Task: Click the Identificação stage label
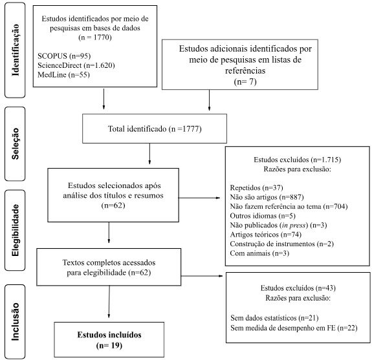pyautogui.click(x=15, y=50)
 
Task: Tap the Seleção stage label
pyautogui.click(x=15, y=143)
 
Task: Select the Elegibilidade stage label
pyautogui.click(x=15, y=230)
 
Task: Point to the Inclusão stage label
pyautogui.click(x=15, y=322)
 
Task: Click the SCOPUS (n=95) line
pyautogui.click(x=64, y=56)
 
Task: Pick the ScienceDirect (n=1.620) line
pyautogui.click(x=76, y=65)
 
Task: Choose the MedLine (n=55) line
pyautogui.click(x=63, y=75)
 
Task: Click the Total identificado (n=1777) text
pyautogui.click(x=155, y=129)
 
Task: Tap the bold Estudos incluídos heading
pyautogui.click(x=109, y=335)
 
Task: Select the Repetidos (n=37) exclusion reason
pyautogui.click(x=256, y=187)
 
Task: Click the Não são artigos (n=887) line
pyautogui.click(x=267, y=197)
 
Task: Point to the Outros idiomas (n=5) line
pyautogui.click(x=263, y=216)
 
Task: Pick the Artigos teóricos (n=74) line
pyautogui.click(x=266, y=235)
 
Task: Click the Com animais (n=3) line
pyautogui.click(x=259, y=253)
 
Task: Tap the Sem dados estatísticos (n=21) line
pyautogui.click(x=274, y=318)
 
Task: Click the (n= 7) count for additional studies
pyautogui.click(x=245, y=82)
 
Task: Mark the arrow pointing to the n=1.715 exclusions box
pyautogui.click(x=199, y=198)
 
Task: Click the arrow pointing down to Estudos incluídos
pyautogui.click(x=109, y=301)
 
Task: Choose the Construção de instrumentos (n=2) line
pyautogui.click(x=282, y=244)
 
